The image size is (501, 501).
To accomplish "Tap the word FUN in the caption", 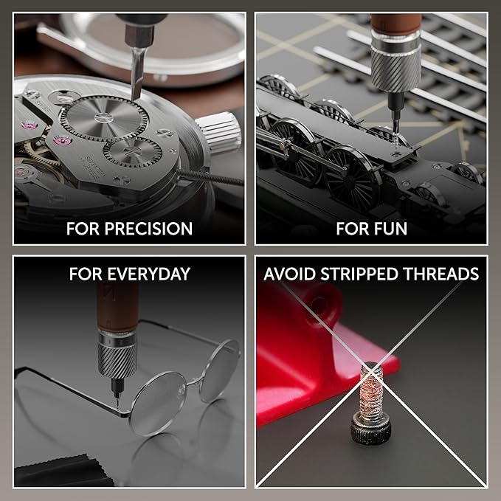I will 390,228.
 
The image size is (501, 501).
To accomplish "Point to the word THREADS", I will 446,274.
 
